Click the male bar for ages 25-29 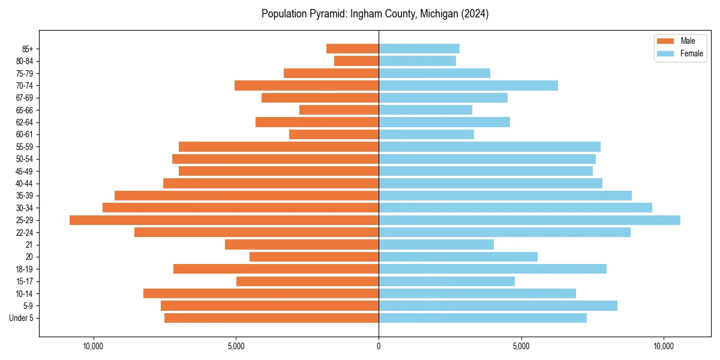(x=224, y=220)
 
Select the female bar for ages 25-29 (x=529, y=220)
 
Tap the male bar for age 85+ (x=352, y=49)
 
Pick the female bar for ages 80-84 (x=417, y=61)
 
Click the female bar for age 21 (x=436, y=245)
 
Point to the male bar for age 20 (x=314, y=257)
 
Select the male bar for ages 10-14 (x=261, y=293)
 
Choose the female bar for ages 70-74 (x=468, y=85)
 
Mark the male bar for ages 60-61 (x=334, y=134)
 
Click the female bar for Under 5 (x=482, y=318)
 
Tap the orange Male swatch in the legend (x=665, y=41)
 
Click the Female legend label (x=691, y=53)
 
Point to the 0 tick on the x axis (x=379, y=346)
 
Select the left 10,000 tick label (x=94, y=346)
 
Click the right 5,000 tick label (x=521, y=346)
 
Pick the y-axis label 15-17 (x=25, y=281)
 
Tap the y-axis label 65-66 (x=25, y=110)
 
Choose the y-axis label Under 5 (x=22, y=318)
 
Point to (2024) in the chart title (x=475, y=14)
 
